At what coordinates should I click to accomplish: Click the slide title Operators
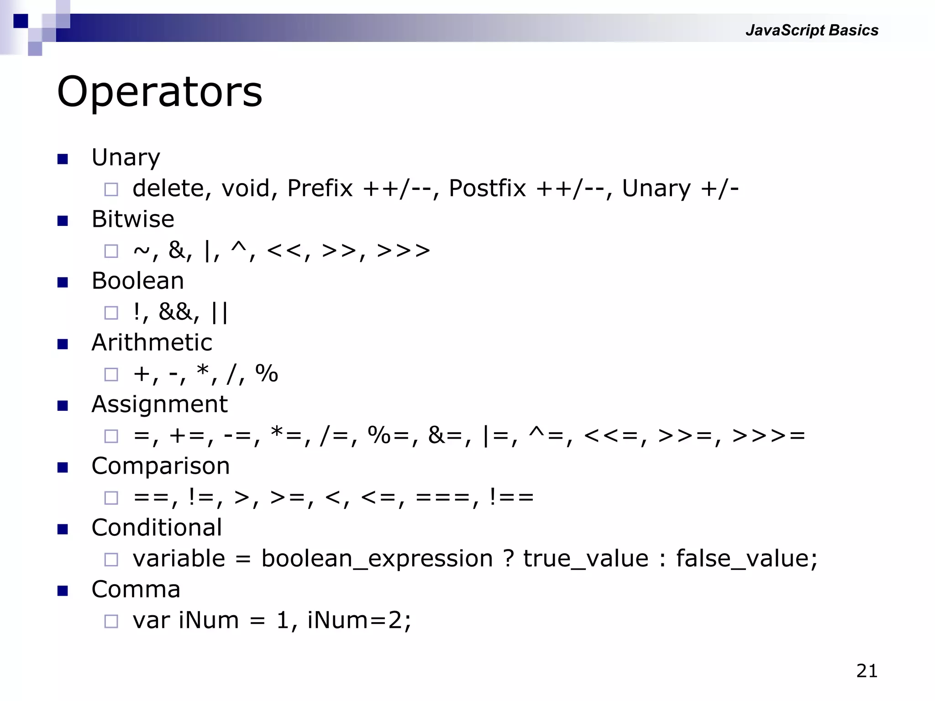point(159,92)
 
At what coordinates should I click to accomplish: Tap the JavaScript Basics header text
point(812,30)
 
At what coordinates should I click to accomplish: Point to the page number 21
point(867,671)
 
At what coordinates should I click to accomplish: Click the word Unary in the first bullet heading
point(126,158)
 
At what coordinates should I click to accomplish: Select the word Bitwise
point(133,219)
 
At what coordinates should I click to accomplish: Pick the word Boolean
point(137,281)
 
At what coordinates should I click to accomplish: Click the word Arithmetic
point(152,342)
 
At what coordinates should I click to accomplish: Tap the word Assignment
point(159,404)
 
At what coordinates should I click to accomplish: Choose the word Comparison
point(160,466)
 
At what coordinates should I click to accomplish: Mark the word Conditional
point(157,528)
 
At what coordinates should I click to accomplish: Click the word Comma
point(136,589)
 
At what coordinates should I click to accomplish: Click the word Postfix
point(487,188)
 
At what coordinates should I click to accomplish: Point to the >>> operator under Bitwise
point(403,251)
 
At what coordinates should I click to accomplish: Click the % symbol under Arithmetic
point(267,374)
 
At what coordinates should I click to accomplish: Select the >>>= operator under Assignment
point(768,435)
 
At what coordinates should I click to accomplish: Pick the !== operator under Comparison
point(511,497)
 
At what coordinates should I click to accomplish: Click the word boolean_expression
point(377,559)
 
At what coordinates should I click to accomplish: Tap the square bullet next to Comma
point(63,591)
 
